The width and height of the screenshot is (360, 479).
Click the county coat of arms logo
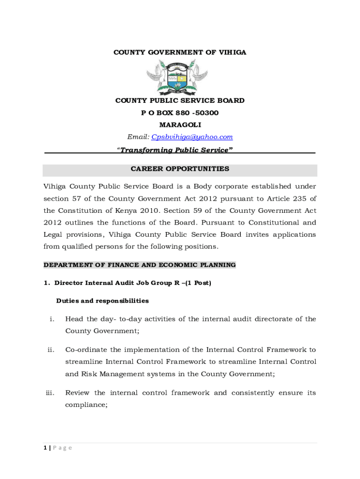(177, 76)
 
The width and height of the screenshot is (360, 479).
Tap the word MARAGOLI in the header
(180, 125)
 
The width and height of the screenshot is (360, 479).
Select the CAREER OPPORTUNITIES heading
(180, 169)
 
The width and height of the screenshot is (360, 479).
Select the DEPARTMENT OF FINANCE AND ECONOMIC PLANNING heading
(139, 265)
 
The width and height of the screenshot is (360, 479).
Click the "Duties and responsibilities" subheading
(102, 301)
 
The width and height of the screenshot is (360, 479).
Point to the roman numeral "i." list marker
(52, 319)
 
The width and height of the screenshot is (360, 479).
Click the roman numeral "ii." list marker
(50, 350)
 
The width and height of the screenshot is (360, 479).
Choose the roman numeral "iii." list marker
(50, 393)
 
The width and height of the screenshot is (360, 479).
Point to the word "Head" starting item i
(74, 319)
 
